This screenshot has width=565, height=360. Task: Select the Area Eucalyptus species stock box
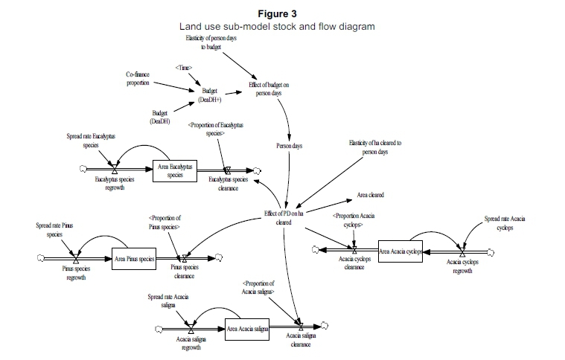(x=176, y=171)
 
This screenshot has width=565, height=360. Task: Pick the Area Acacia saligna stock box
(x=246, y=329)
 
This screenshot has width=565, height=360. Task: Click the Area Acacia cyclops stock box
(x=400, y=251)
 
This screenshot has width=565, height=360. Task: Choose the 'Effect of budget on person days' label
(x=269, y=89)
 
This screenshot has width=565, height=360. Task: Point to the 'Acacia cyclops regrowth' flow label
(x=462, y=267)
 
